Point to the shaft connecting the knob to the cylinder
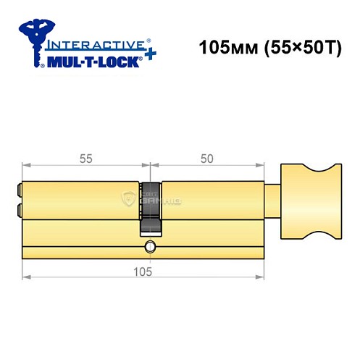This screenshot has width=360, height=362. click(272, 199)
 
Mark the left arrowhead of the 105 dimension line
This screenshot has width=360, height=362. click(25, 278)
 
